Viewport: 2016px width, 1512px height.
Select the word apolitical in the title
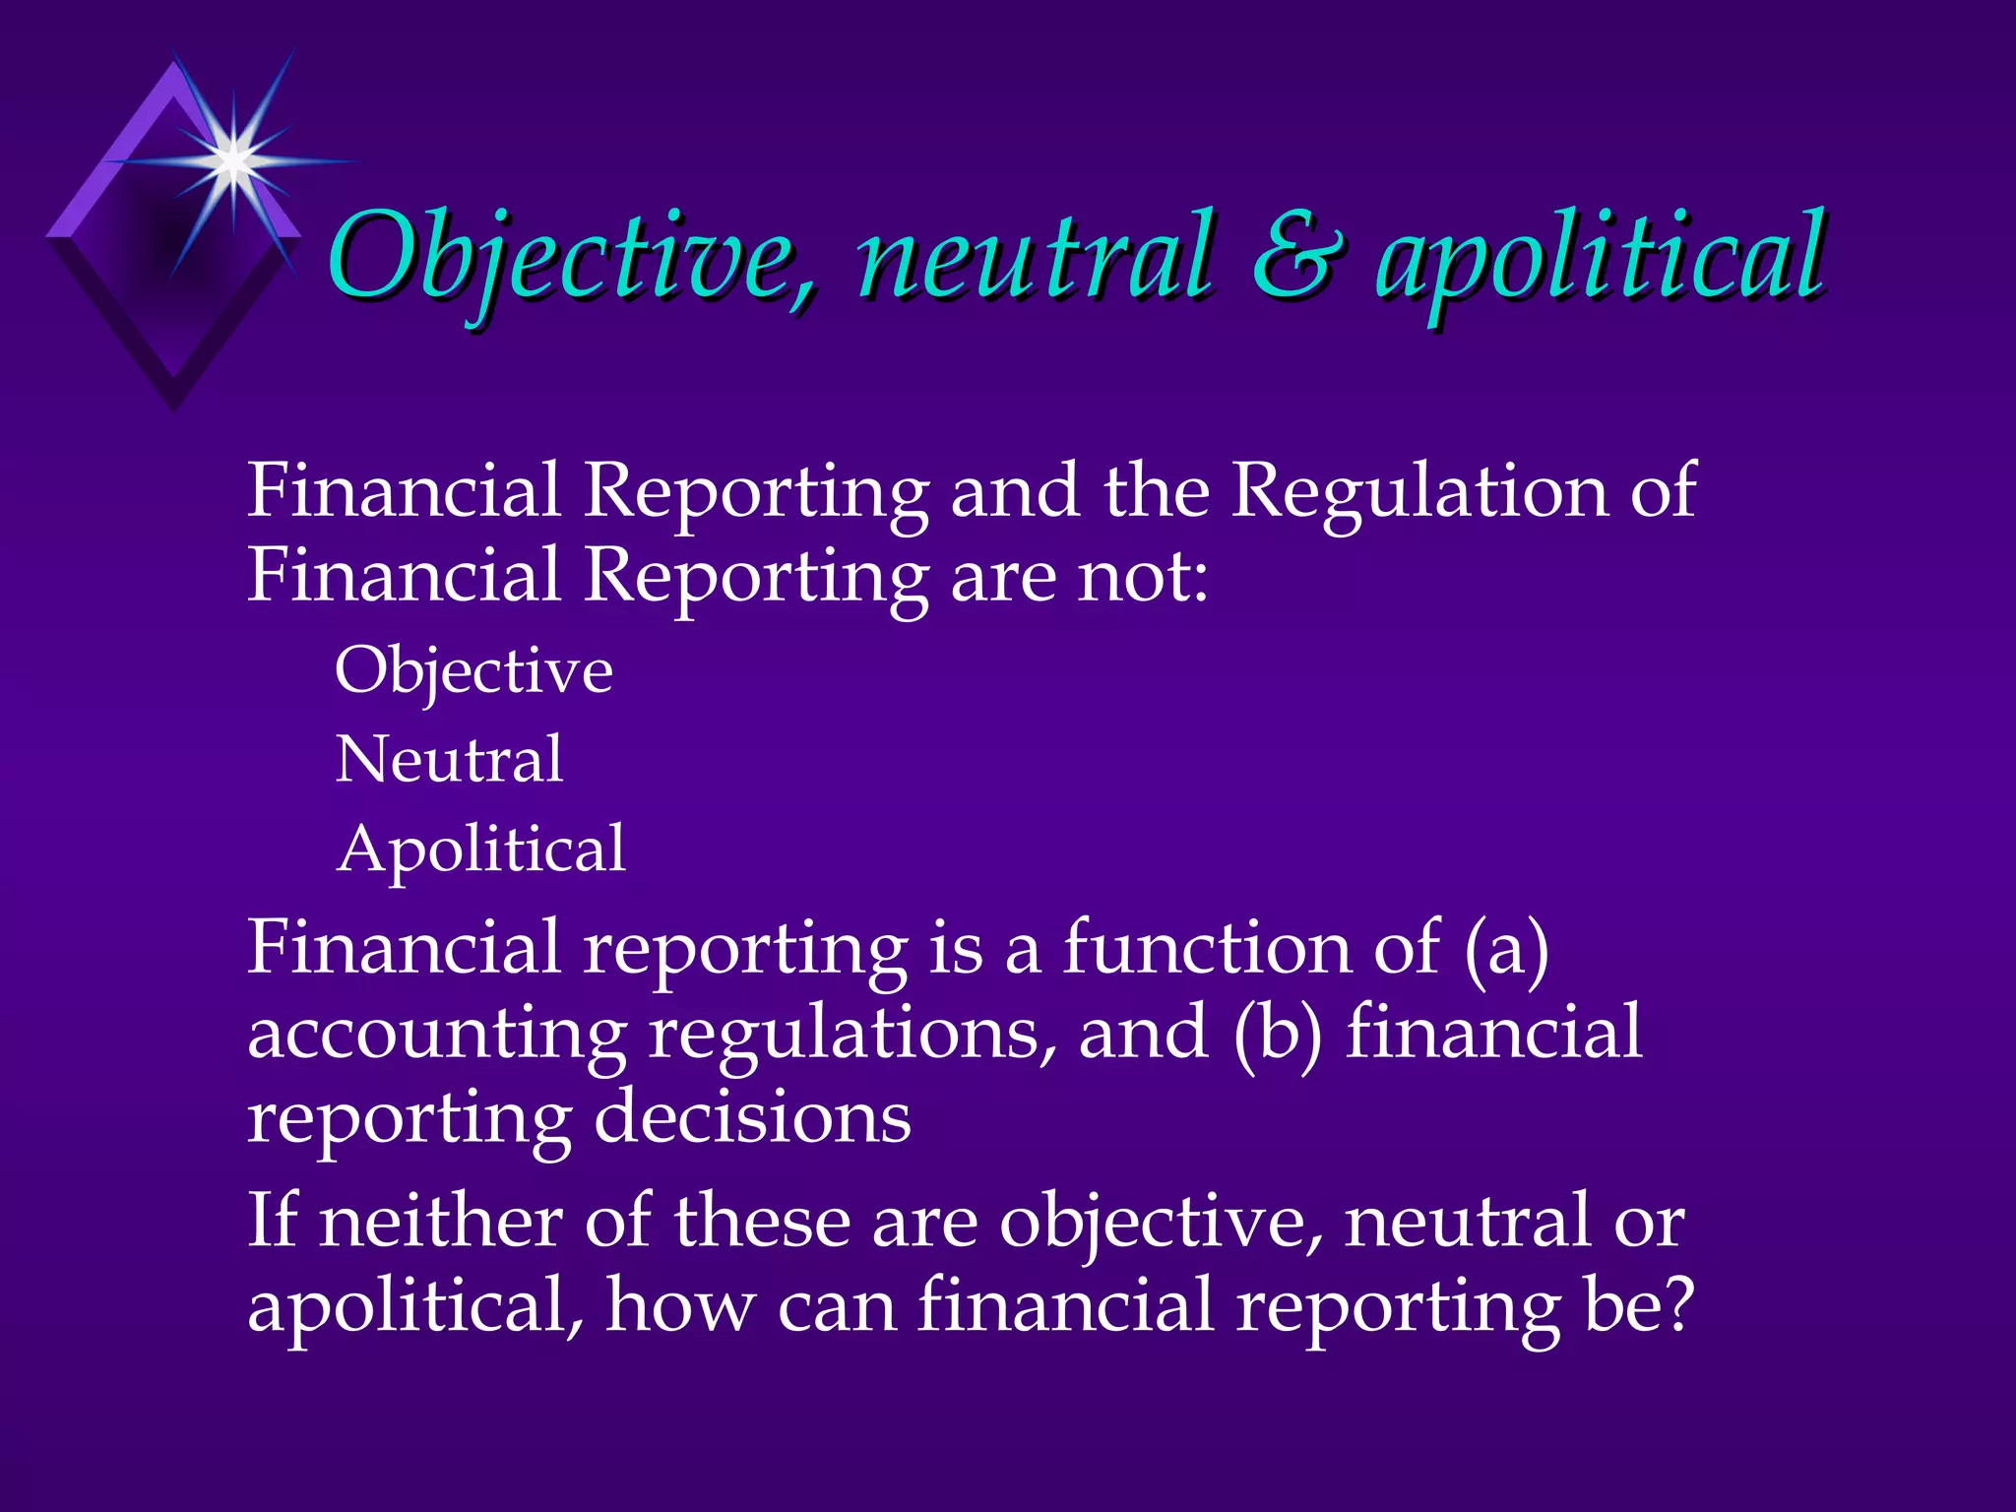(1601, 258)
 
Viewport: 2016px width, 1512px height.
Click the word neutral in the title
(1036, 258)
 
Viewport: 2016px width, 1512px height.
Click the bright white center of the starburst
(233, 159)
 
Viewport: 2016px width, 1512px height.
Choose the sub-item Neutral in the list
(449, 760)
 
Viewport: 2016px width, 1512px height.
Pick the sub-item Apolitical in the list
(480, 849)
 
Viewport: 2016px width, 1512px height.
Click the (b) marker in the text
(1277, 1034)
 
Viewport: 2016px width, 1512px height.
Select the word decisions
(752, 1118)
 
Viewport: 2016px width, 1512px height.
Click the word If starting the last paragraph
(272, 1221)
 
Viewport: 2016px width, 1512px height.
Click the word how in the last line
(679, 1305)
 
